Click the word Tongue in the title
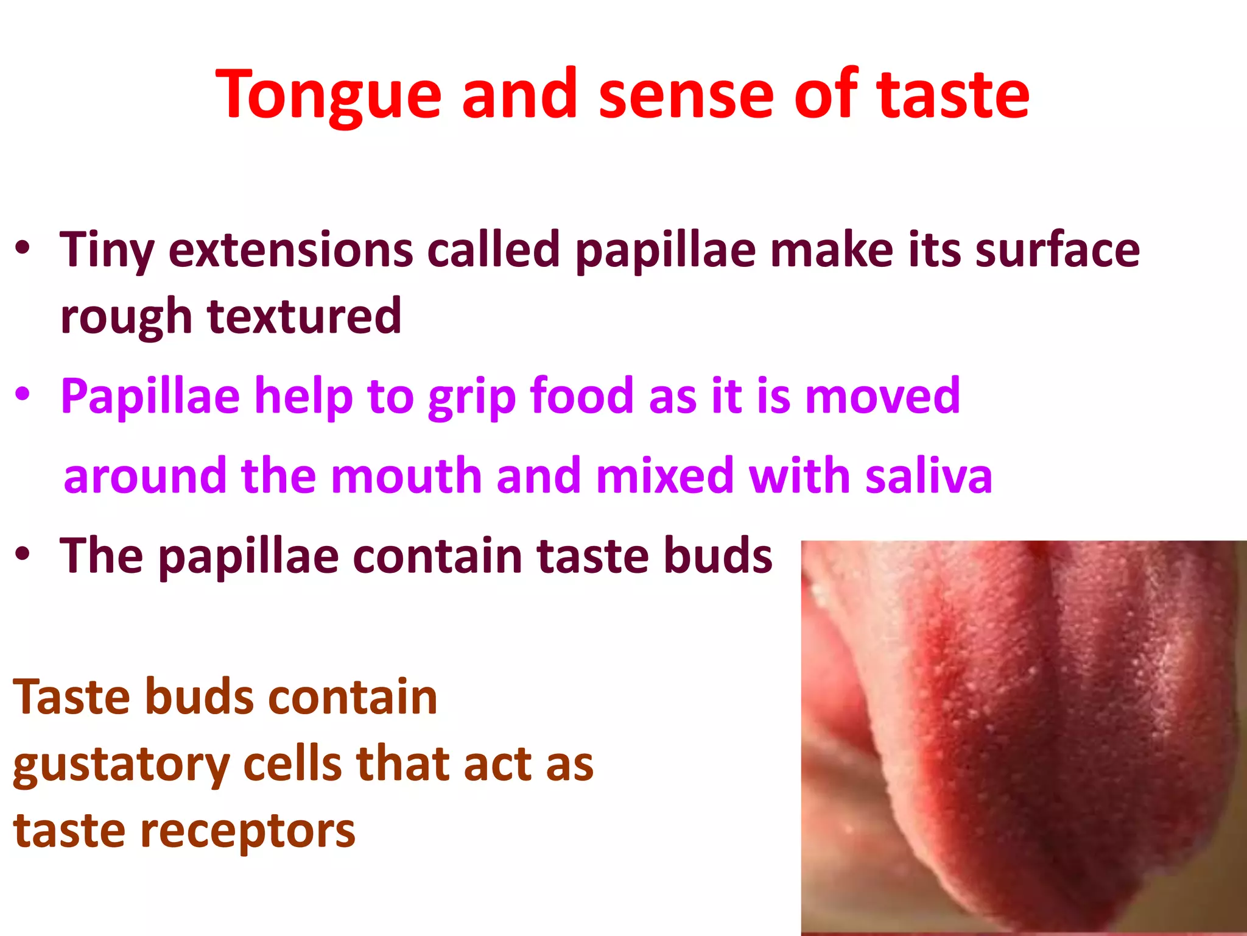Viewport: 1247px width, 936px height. (328, 96)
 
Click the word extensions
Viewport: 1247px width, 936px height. (291, 250)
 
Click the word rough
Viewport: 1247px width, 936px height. (126, 317)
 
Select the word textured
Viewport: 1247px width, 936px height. (304, 316)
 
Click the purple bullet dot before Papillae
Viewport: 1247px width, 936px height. (23, 394)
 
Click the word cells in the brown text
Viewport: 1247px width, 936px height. (292, 764)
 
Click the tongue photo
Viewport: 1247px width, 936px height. (1023, 737)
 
